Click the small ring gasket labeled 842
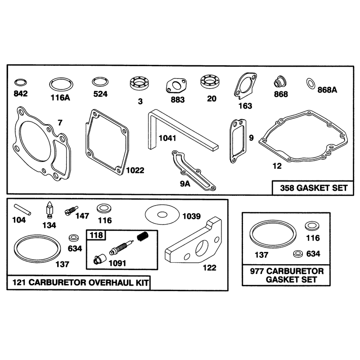coord(20,80)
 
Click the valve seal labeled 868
coord(280,82)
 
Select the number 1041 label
coord(167,138)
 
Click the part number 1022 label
coord(135,171)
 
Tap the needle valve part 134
coord(49,210)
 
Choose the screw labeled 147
coord(72,210)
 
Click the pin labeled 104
coord(22,209)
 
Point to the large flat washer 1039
coord(162,215)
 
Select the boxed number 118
coord(96,235)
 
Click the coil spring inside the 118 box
coord(143,236)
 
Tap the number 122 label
coord(209,268)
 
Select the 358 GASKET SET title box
coord(313,188)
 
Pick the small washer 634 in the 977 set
coord(298,253)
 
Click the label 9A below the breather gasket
coord(185,184)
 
